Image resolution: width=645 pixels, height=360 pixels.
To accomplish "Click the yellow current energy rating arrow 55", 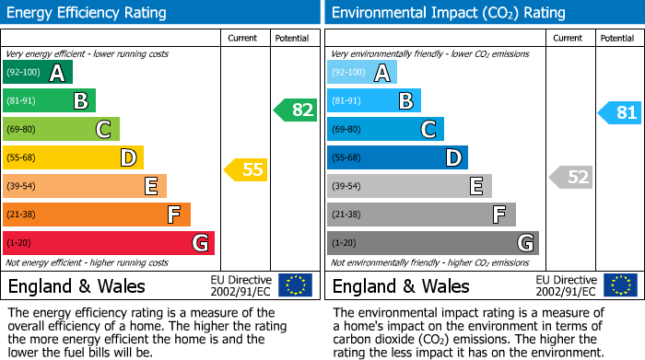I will coord(246,169).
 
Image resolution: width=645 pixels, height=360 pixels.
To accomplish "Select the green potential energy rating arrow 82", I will coord(296,110).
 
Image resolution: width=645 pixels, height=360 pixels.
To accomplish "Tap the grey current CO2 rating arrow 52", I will coord(570,177).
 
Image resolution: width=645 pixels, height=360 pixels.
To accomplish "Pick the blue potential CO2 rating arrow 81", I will coord(620,113).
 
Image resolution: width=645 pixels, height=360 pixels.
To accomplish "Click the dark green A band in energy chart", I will coord(38,73).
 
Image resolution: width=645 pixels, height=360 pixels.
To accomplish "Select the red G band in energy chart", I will coord(109,243).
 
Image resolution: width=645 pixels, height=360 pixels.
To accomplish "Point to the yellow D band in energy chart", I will coord(73,158).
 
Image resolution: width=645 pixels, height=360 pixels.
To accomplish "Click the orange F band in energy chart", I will coord(97,215).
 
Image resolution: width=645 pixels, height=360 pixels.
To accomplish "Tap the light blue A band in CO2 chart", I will coord(362,73).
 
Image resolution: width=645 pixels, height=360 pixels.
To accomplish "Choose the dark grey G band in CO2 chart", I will coord(433,243).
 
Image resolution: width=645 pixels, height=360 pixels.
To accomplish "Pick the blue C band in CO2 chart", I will coord(385,130).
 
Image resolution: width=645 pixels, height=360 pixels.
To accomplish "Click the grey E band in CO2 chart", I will coord(409,186).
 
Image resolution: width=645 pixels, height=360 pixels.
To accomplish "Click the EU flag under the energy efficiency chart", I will coord(295,285).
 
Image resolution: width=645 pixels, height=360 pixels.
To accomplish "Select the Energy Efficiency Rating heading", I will coord(88,13).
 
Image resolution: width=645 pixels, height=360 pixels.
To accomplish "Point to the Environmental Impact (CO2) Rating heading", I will coord(448,13).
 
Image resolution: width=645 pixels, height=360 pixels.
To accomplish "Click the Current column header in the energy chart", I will coord(244,38).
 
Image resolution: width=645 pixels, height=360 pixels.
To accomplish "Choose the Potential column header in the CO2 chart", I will coord(616,38).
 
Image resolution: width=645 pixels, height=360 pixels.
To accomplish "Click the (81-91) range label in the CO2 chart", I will coord(346,101).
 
